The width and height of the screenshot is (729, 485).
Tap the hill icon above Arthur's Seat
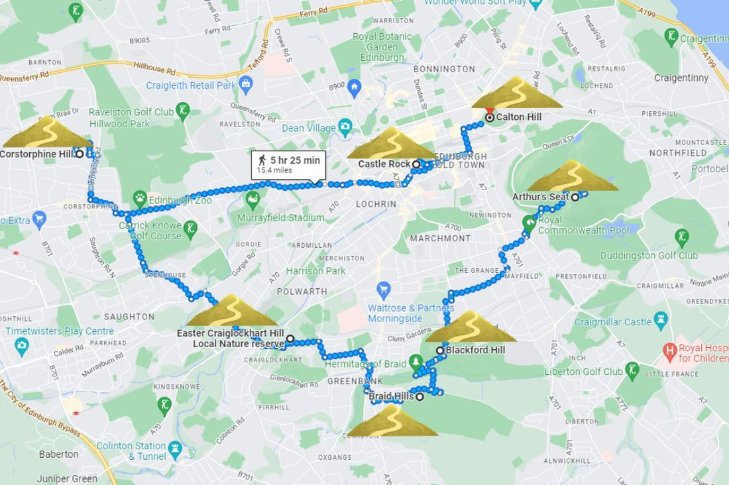click(573, 176)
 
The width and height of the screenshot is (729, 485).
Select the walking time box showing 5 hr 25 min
click(288, 164)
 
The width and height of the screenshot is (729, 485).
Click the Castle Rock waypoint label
click(384, 164)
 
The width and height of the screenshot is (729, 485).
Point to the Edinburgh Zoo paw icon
click(140, 197)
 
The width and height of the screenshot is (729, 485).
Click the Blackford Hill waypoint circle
click(439, 350)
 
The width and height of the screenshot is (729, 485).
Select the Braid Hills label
click(391, 396)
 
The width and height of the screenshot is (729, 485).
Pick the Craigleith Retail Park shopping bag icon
click(247, 83)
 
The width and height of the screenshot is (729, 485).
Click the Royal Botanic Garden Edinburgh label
click(382, 47)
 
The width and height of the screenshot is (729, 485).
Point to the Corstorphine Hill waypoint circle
click(80, 154)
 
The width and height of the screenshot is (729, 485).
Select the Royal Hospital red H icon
click(670, 349)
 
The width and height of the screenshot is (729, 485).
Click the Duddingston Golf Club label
click(649, 255)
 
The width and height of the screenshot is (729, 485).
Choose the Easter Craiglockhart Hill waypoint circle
click(290, 339)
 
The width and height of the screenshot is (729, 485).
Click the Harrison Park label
click(315, 271)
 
